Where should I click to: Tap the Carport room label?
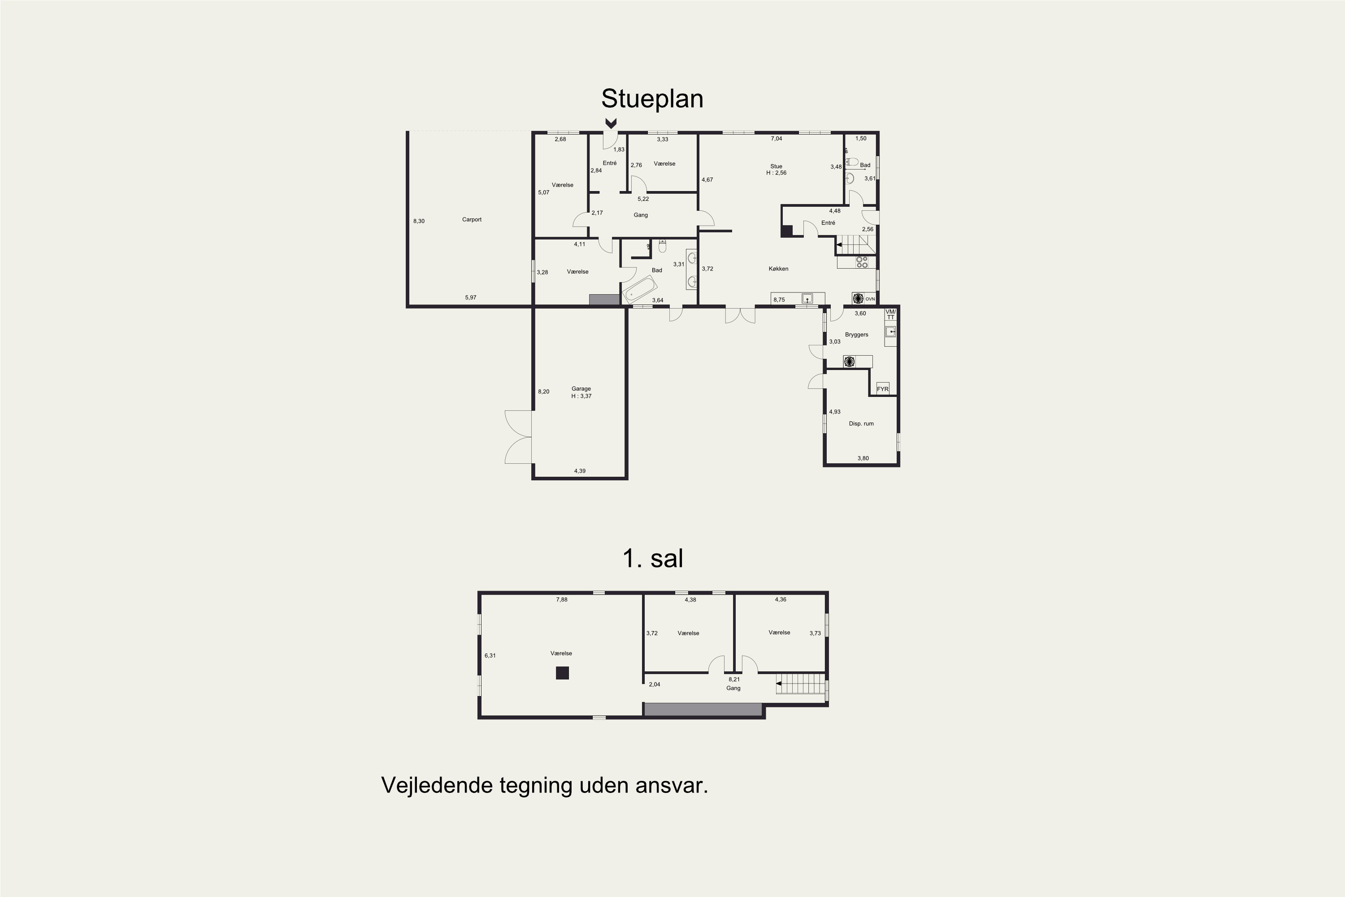click(x=472, y=220)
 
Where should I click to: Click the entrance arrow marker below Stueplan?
click(x=611, y=123)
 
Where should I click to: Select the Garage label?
click(x=581, y=389)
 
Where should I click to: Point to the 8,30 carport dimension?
click(x=419, y=222)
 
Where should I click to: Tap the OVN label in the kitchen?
click(x=870, y=299)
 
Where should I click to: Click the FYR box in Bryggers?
click(x=882, y=389)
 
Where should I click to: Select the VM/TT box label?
click(x=890, y=314)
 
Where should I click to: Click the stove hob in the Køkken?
click(x=861, y=262)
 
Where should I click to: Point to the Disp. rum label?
click(x=861, y=424)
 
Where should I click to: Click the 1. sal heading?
click(x=652, y=558)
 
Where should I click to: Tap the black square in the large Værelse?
click(x=562, y=673)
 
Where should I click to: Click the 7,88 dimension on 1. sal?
click(x=562, y=600)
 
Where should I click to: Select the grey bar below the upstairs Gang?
click(x=703, y=710)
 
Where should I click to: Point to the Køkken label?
click(x=778, y=269)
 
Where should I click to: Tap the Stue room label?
click(x=776, y=166)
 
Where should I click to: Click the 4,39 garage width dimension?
click(x=580, y=471)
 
